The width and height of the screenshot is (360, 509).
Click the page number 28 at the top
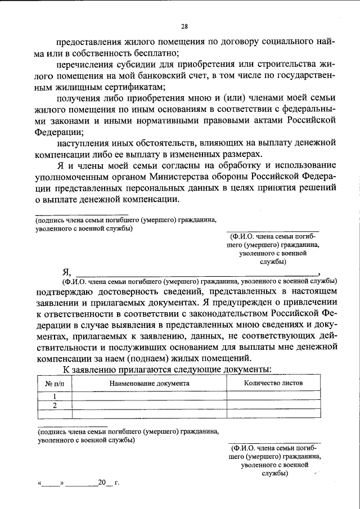pyautogui.click(x=184, y=25)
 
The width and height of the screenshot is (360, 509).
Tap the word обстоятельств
pyautogui.click(x=163, y=143)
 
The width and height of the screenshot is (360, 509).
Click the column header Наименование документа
pyautogui.click(x=150, y=383)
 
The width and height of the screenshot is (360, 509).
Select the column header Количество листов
pyautogui.click(x=273, y=382)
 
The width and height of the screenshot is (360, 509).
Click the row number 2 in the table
pyautogui.click(x=55, y=404)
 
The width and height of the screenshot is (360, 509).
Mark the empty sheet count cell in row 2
pyautogui.click(x=273, y=404)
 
